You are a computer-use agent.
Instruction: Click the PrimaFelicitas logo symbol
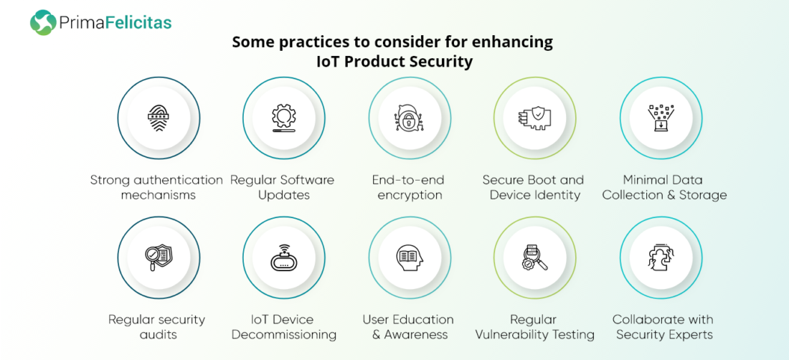[43, 22]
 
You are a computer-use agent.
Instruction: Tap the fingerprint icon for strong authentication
[159, 118]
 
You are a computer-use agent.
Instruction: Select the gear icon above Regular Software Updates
[284, 118]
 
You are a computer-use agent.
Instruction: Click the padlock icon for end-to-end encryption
[409, 118]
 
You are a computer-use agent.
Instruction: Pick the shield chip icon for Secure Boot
[534, 118]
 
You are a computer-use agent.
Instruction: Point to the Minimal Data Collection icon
[660, 118]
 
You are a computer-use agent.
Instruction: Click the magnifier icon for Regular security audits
[159, 257]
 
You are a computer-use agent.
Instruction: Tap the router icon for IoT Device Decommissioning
[284, 257]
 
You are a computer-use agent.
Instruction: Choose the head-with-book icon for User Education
[409, 257]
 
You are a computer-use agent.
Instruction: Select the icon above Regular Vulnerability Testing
[534, 257]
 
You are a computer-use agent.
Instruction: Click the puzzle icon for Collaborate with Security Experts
[660, 257]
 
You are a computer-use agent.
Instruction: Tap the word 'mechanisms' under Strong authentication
[158, 195]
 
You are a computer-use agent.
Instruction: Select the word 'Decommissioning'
[284, 334]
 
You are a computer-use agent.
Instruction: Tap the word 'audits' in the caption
[157, 334]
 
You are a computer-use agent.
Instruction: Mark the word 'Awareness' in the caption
[415, 334]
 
